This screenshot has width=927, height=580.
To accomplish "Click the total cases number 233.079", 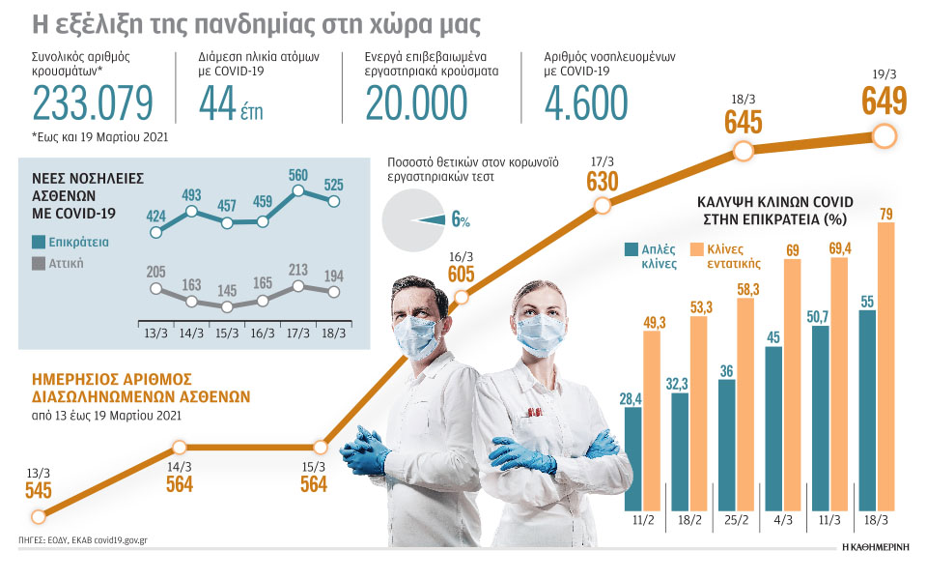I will click(93, 103).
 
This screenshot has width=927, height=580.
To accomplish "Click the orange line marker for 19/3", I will click(884, 135).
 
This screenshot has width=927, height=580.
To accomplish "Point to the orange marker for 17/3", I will click(603, 205).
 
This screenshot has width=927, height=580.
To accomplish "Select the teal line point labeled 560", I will click(299, 191).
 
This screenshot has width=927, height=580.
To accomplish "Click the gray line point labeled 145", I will click(227, 306).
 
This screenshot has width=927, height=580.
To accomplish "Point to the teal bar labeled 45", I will click(773, 428).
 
